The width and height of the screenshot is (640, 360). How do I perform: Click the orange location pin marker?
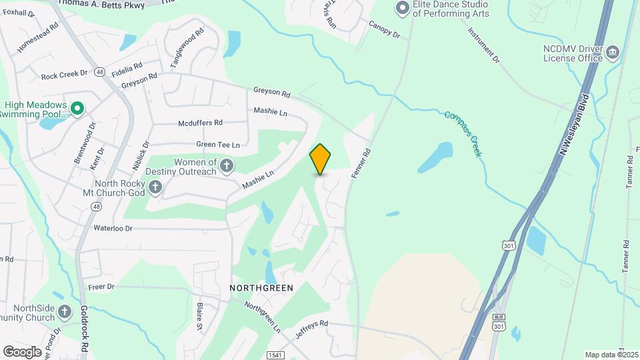(x=320, y=159)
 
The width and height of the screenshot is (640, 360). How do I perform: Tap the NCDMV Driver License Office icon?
(x=612, y=52)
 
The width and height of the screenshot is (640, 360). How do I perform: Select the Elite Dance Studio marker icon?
(x=401, y=9)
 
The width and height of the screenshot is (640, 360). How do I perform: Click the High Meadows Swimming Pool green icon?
(x=77, y=107)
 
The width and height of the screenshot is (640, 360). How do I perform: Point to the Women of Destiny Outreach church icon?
(x=227, y=165)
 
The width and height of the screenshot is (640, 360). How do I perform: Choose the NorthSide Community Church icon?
(x=64, y=311)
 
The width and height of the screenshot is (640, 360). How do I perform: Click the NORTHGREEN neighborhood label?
(x=261, y=288)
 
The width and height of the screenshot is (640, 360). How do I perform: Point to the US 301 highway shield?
(x=509, y=247)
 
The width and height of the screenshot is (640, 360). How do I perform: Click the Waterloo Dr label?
(x=113, y=228)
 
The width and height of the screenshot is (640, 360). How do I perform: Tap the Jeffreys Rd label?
(x=313, y=329)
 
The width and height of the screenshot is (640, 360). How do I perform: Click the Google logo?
(x=23, y=351)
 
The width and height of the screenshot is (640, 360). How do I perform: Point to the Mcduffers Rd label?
(x=200, y=123)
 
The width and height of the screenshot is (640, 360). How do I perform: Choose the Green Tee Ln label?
(x=217, y=145)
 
